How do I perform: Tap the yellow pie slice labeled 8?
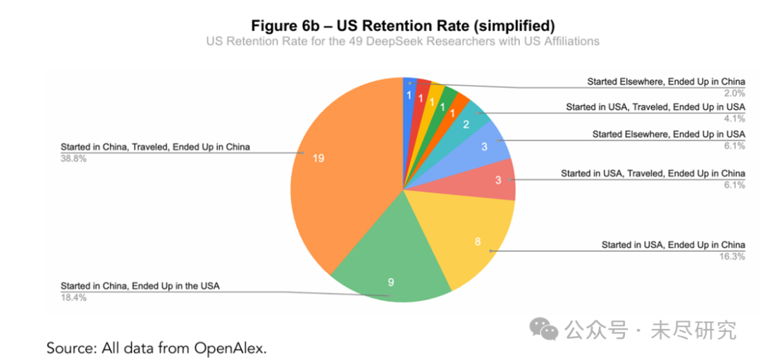pos(472,240)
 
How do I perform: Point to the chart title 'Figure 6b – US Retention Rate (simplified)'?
pos(402,25)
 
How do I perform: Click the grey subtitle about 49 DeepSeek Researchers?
pos(402,41)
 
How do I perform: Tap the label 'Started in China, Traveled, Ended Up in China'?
pos(155,147)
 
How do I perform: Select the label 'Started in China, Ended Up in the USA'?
pos(140,285)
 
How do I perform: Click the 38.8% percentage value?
pos(73,159)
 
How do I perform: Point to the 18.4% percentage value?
pos(73,297)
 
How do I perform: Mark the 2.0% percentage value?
pos(734,93)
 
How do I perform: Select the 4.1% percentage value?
pos(734,118)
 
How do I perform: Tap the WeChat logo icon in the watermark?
pos(545,328)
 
